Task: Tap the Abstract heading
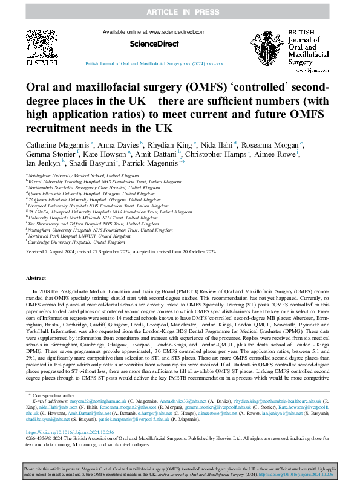(36, 277)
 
